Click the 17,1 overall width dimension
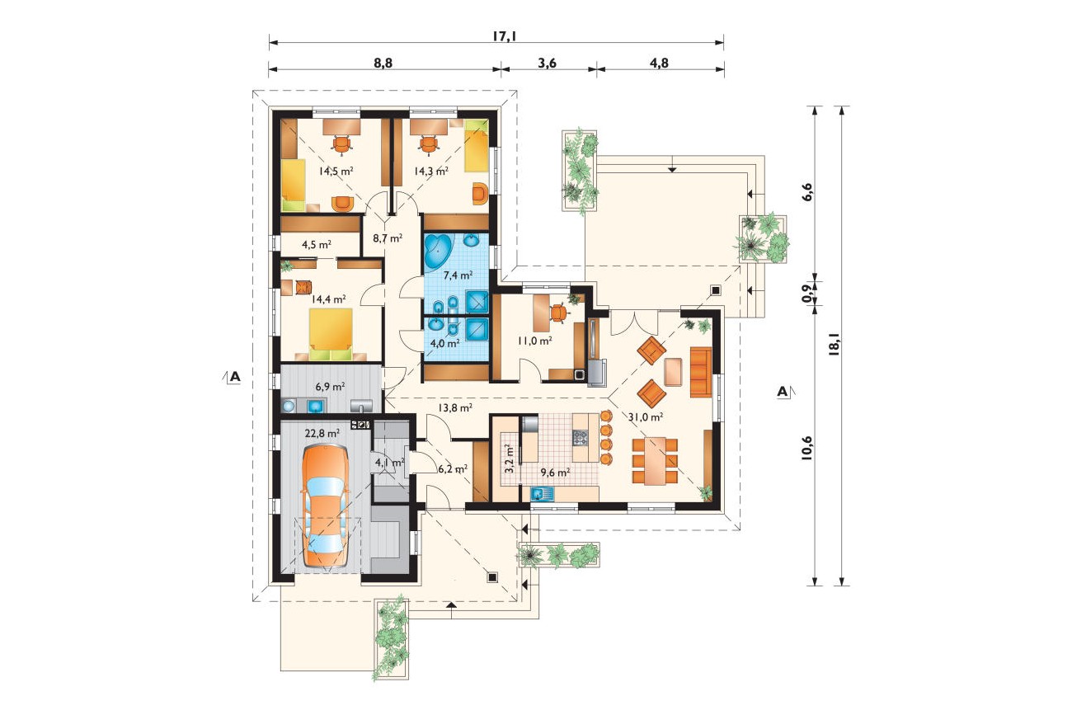[504, 36]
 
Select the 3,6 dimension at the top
[547, 64]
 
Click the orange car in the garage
[324, 506]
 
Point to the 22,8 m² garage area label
[322, 433]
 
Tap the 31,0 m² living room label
[646, 416]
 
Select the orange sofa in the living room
[701, 372]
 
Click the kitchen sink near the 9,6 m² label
[541, 493]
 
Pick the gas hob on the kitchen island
[580, 437]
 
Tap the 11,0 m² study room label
[534, 341]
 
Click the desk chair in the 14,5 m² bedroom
[341, 145]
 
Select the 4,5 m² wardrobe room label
[317, 245]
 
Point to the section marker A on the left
[234, 377]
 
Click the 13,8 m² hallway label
[455, 407]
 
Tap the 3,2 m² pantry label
[510, 459]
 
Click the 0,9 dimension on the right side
[807, 293]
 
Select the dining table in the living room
[656, 460]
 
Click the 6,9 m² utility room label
[330, 386]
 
